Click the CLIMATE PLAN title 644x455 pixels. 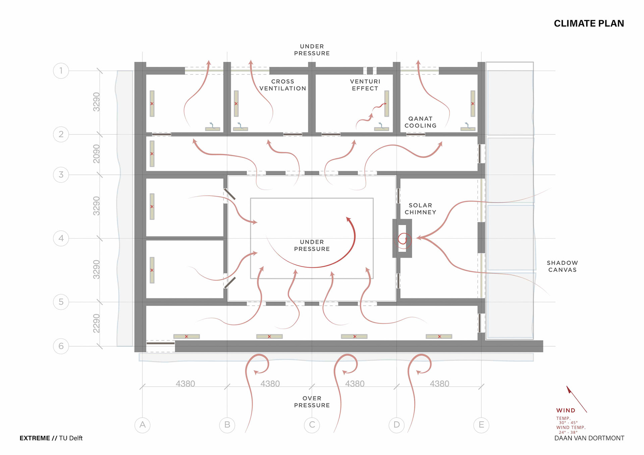(589, 23)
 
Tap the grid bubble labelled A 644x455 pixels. (143, 425)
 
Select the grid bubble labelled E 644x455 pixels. (481, 425)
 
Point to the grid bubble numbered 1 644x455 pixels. (61, 71)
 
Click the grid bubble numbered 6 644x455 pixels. (61, 346)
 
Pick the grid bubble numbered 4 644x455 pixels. (61, 238)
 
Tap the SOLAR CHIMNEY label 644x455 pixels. (420, 209)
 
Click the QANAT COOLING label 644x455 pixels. (420, 122)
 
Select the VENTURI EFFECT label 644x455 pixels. (365, 85)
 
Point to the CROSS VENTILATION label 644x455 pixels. (283, 85)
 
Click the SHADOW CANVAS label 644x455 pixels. (562, 266)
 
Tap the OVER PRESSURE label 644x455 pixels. (312, 402)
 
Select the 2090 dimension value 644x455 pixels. (97, 154)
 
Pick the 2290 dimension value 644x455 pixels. (97, 324)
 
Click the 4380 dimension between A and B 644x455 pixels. (185, 384)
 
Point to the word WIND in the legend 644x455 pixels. (566, 410)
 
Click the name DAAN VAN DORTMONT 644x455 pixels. (589, 438)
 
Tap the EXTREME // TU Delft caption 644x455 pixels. (51, 438)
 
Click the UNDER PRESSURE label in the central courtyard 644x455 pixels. (312, 245)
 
